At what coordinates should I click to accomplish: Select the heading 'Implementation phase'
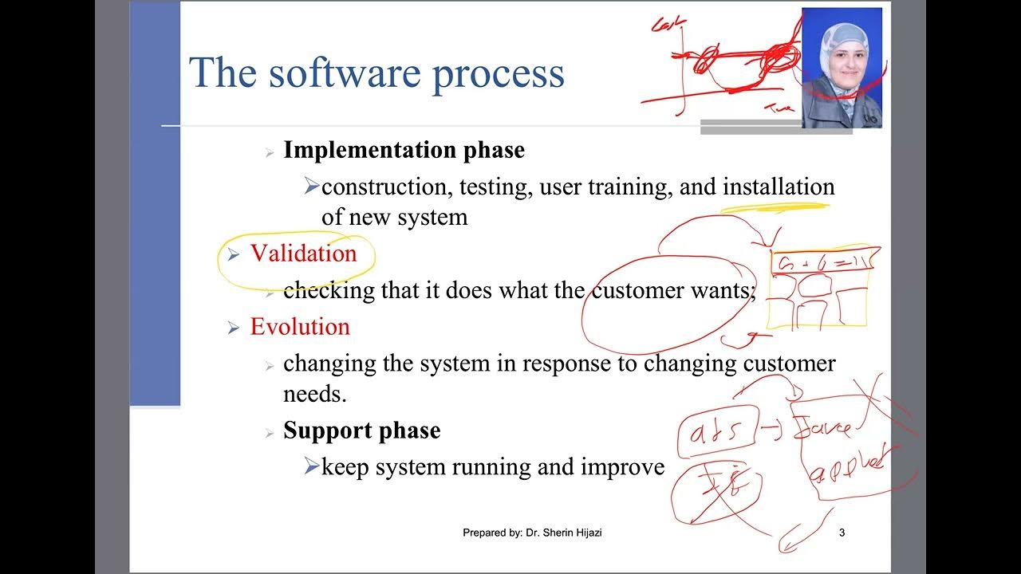[x=404, y=150]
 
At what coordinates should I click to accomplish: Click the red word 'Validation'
[x=303, y=254]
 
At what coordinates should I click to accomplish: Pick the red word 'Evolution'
[x=300, y=327]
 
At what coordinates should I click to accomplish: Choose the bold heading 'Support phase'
[x=361, y=431]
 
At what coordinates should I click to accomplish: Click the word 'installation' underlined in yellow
[x=779, y=187]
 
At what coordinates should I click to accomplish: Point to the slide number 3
[x=842, y=533]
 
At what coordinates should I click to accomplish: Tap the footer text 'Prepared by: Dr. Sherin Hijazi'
[x=532, y=533]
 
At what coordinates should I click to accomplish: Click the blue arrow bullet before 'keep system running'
[x=311, y=467]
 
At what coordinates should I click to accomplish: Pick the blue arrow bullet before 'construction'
[x=311, y=187]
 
